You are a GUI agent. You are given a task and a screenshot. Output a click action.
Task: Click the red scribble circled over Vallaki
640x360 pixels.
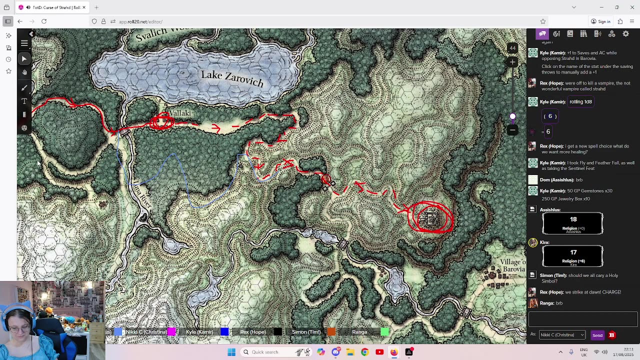click(x=161, y=121)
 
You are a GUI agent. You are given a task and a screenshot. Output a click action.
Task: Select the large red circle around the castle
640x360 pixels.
click(x=430, y=217)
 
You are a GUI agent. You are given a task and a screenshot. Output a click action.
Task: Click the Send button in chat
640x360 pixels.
click(x=597, y=335)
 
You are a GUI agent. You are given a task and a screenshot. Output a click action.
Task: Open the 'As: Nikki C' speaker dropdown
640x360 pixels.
click(x=562, y=335)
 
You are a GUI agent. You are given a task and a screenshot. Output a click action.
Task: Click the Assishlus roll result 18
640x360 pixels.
click(x=573, y=219)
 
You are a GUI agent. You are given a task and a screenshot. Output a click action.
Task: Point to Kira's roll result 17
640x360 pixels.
click(x=573, y=252)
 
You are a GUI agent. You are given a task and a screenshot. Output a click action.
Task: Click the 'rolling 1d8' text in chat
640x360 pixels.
click(x=580, y=101)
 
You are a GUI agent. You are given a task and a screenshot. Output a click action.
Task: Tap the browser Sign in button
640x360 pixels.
click(x=600, y=21)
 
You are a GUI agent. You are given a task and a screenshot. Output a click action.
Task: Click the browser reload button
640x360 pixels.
click(x=44, y=21)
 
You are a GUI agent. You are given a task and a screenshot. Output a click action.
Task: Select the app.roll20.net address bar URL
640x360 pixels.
click(x=140, y=21)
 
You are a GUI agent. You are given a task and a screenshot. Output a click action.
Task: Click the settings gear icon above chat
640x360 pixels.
click(x=625, y=34)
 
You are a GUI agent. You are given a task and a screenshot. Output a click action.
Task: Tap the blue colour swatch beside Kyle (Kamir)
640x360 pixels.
click(x=224, y=332)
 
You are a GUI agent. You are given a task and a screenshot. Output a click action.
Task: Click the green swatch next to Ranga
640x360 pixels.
click(x=384, y=332)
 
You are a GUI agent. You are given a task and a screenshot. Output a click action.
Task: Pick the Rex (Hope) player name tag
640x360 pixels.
click(x=253, y=332)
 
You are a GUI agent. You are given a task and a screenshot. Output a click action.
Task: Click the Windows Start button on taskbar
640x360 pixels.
click(x=231, y=352)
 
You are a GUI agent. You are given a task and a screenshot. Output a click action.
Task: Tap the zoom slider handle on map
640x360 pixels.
click(x=512, y=116)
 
